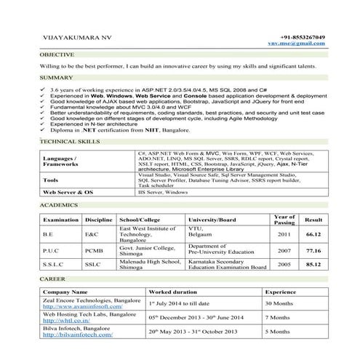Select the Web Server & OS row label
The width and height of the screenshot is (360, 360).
(69, 191)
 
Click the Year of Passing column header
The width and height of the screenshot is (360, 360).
(284, 220)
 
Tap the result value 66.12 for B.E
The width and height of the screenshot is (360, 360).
(313, 235)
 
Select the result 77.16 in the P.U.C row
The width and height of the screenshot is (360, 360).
(313, 249)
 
